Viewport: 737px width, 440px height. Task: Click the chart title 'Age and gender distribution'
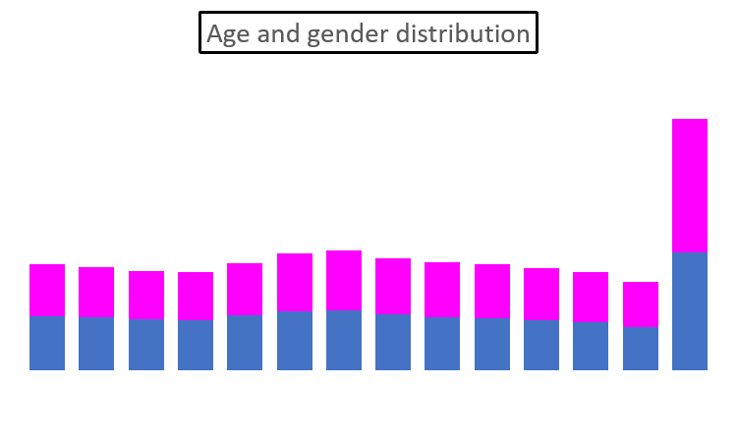[368, 33]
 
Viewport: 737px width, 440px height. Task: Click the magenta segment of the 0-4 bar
[47, 290]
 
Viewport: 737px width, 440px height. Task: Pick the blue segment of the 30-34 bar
[344, 340]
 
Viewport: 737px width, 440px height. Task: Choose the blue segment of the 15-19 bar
[196, 345]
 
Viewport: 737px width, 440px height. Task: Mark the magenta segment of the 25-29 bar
[295, 283]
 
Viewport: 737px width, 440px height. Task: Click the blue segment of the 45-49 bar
[492, 344]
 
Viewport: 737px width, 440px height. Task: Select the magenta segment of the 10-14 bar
[146, 296]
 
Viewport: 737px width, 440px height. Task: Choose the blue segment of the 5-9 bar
[96, 344]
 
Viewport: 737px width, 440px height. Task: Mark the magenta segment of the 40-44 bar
[442, 290]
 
